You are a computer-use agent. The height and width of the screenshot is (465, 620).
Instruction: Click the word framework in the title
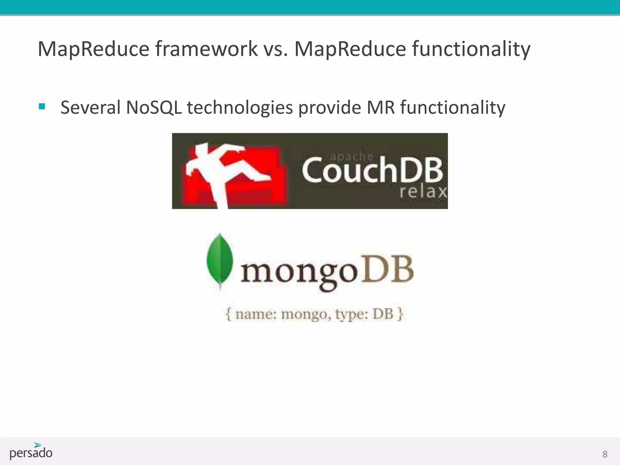pos(206,49)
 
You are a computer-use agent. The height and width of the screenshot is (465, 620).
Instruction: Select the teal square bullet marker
pos(42,107)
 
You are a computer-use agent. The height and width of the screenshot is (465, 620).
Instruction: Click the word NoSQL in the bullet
pos(154,107)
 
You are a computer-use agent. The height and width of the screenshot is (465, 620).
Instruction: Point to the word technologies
pos(240,108)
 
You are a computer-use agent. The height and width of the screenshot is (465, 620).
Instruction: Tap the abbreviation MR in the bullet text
pos(381,107)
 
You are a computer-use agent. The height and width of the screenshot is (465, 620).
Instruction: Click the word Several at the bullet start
pos(91,107)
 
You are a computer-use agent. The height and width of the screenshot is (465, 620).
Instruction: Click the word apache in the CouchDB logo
pos(351,156)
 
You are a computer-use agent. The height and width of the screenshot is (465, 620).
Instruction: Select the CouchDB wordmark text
pos(372,170)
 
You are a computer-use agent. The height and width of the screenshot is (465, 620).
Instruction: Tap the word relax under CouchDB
pos(423,191)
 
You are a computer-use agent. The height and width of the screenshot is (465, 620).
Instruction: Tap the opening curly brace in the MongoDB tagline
pos(228,314)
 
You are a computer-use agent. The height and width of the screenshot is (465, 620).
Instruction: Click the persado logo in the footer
pos(31,452)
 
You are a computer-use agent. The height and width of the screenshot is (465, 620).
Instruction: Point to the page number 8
pos(605,454)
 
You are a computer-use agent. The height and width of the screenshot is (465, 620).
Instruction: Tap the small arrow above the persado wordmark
pos(38,445)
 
